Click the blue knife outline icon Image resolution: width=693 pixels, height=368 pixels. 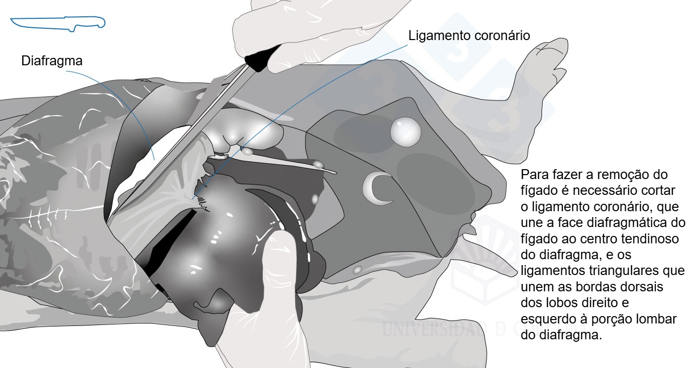coord(58,24)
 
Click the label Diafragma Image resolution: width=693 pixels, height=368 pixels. coord(52,61)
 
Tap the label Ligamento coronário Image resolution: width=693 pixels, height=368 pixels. coord(469,36)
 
